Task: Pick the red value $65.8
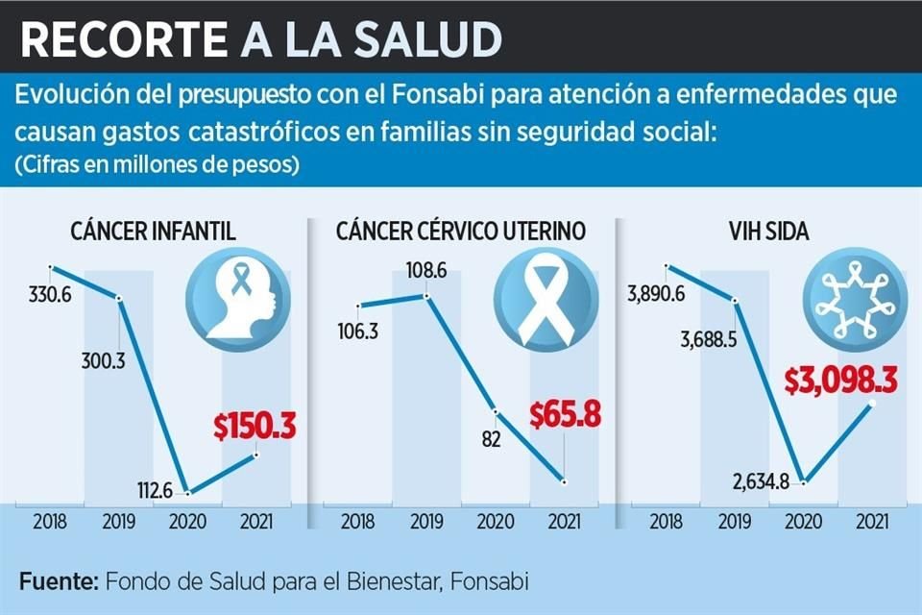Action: pos(565,415)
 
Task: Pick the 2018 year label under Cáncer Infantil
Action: pos(50,525)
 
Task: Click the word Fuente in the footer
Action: pos(57,581)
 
